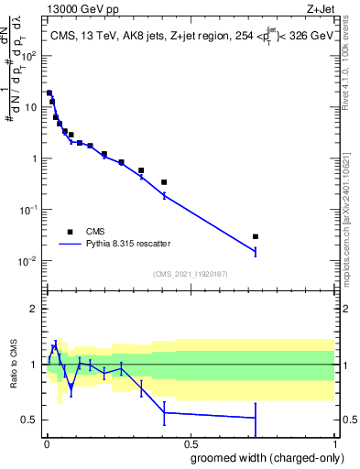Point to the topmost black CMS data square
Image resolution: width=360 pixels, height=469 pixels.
click(49, 93)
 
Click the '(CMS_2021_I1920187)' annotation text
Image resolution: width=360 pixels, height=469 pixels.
click(190, 273)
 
